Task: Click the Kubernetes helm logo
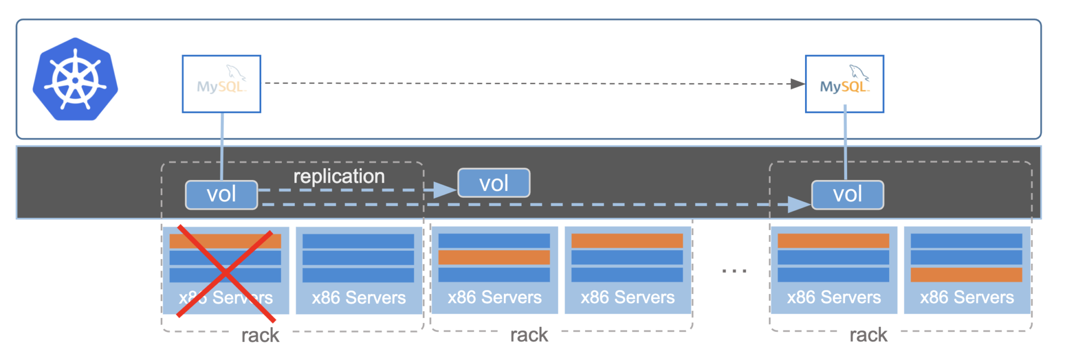click(x=75, y=79)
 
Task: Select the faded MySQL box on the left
click(x=222, y=84)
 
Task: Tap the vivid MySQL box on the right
click(x=844, y=84)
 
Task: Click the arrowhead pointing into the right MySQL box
click(x=797, y=84)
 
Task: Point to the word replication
click(x=339, y=176)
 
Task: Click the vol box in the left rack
click(x=222, y=195)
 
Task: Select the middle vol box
click(x=493, y=183)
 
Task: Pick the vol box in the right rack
click(x=847, y=195)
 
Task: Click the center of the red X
click(x=225, y=272)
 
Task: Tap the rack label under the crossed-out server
click(x=260, y=336)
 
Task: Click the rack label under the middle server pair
click(x=529, y=335)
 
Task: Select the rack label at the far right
click(x=868, y=335)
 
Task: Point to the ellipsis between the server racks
click(x=734, y=271)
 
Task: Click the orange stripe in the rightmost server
click(x=966, y=275)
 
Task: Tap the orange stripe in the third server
click(x=494, y=258)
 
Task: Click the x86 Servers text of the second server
click(x=359, y=298)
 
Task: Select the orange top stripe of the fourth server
click(x=627, y=240)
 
